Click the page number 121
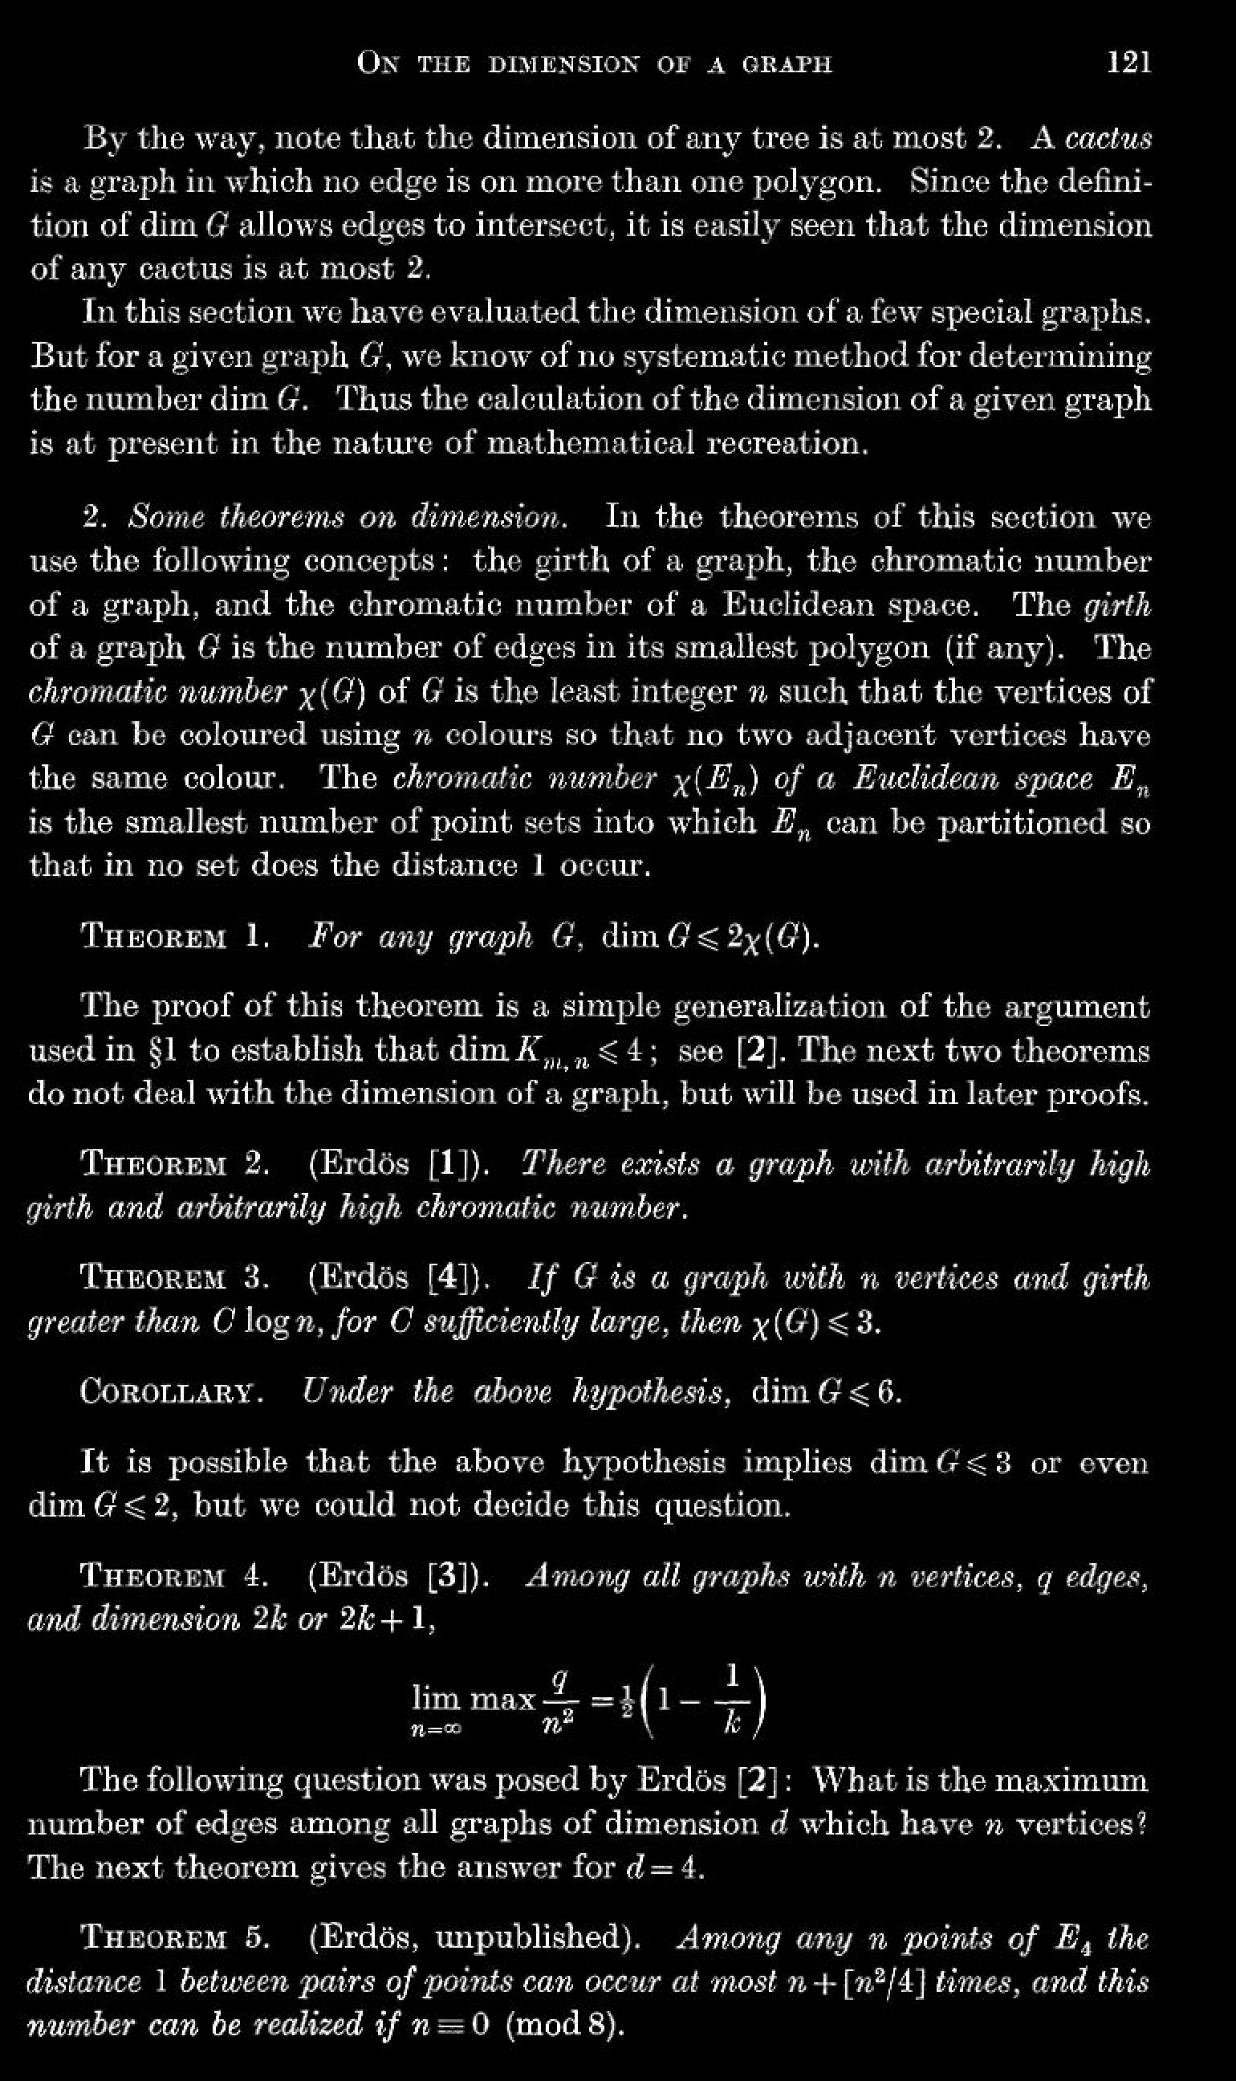[1128, 63]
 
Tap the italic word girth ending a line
[1118, 605]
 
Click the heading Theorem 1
[174, 937]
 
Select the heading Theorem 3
[174, 1277]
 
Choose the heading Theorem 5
[174, 1938]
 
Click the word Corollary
[171, 1391]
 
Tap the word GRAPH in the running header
[785, 64]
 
